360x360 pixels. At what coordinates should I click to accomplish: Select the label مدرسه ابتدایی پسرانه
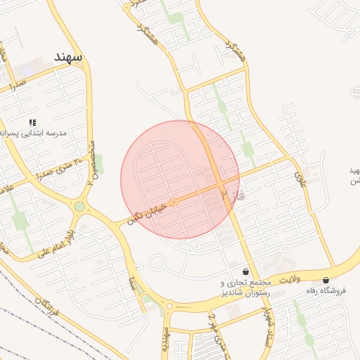point(42,132)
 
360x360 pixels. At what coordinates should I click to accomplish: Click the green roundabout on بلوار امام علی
point(79,206)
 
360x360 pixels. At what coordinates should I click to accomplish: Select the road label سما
point(131,283)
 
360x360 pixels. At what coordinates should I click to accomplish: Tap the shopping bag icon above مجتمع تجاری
point(245,271)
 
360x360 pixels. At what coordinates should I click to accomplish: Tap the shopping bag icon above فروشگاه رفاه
point(326,280)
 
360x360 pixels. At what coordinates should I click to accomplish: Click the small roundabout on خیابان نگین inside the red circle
point(174,202)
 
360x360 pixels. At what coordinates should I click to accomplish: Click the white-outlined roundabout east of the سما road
point(156,264)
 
